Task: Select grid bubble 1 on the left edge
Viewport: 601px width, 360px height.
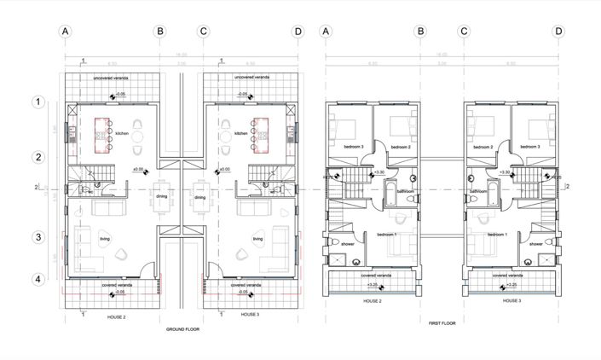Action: (37, 102)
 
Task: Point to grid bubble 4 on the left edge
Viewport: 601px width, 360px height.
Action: (37, 279)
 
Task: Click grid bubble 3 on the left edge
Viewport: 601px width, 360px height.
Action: (37, 237)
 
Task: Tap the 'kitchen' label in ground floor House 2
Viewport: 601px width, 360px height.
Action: (122, 134)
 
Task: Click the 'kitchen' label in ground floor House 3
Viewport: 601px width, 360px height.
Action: (241, 134)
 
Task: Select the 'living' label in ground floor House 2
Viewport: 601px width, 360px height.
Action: (105, 240)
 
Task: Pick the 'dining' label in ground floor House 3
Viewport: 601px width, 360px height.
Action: (199, 197)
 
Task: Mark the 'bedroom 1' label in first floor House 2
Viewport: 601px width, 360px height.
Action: (388, 234)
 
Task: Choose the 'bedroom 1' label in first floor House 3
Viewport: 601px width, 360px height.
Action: (498, 234)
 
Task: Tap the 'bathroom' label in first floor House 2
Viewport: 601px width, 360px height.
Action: (406, 192)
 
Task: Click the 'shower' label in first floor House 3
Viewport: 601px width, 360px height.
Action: (535, 243)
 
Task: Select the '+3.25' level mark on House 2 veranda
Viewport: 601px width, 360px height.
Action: (373, 287)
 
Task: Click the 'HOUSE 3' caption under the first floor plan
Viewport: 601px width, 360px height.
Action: (511, 301)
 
